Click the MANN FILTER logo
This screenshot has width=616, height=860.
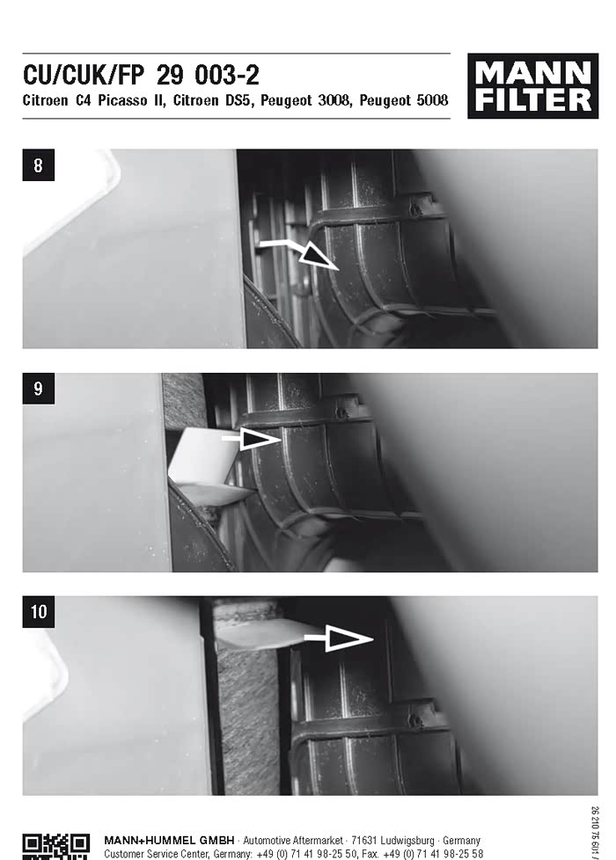tap(532, 85)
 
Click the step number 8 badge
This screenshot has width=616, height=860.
tap(38, 164)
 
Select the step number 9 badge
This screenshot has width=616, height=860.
tap(38, 389)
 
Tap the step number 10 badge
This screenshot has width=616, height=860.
tap(38, 611)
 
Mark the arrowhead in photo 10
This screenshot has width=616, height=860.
tap(349, 638)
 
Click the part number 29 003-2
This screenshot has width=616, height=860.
tap(208, 76)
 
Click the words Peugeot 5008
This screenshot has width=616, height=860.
tap(404, 101)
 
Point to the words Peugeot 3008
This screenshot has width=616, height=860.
tap(306, 101)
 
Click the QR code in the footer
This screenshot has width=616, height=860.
tap(56, 846)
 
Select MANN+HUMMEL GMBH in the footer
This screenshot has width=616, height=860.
tap(169, 841)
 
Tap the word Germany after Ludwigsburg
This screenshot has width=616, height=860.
tap(462, 841)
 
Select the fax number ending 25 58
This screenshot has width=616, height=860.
tap(433, 854)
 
